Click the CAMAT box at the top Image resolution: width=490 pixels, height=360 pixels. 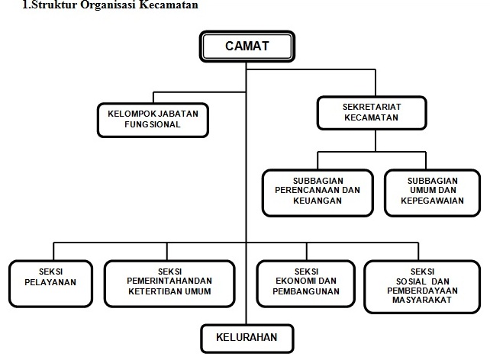coord(247,47)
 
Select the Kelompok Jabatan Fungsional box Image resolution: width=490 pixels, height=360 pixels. coord(153,121)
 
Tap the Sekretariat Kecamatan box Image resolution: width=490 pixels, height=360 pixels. coord(372,113)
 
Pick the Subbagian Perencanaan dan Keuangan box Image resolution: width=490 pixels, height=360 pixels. coord(318,193)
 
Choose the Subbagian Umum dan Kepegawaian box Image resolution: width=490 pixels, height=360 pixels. coord(432,193)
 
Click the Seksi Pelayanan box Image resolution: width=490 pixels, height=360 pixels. coord(50,284)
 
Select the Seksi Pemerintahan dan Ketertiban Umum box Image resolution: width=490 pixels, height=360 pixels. coord(169,284)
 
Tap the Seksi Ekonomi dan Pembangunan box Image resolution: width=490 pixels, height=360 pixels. coord(306,284)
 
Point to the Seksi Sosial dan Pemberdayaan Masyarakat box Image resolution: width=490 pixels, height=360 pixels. coord(422,287)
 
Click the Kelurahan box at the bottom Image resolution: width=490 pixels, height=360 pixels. coord(247,339)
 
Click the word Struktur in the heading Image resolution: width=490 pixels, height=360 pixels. coord(54,5)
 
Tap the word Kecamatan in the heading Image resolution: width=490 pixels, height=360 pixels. coord(169,5)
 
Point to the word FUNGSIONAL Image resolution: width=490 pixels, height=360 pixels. coord(153,124)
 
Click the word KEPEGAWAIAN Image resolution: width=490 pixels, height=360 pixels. coord(432,201)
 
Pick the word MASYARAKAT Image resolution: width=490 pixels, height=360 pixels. coord(422,300)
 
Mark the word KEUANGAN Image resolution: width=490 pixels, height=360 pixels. coord(318,201)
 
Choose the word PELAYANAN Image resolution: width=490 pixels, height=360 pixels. coord(50,282)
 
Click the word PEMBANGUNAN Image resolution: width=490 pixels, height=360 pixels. coord(306,291)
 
